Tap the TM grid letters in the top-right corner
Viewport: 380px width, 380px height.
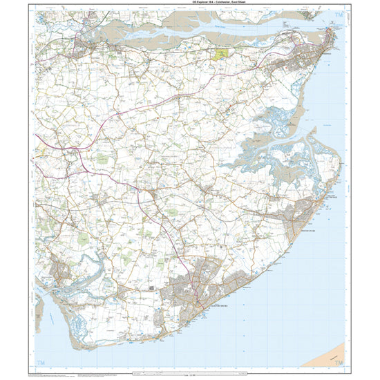[337, 15]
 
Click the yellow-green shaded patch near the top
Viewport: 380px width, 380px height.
[221, 53]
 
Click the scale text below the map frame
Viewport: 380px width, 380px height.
[190, 374]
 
